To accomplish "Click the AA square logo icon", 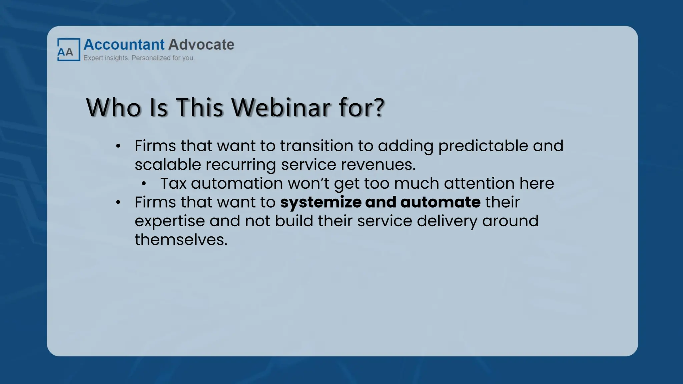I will pyautogui.click(x=68, y=50).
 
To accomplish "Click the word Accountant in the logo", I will pyautogui.click(x=124, y=45).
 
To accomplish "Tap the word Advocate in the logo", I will pyautogui.click(x=201, y=45).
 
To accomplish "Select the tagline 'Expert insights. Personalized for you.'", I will pyautogui.click(x=139, y=58).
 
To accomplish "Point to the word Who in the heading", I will pyautogui.click(x=113, y=108).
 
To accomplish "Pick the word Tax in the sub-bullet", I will pyautogui.click(x=173, y=183).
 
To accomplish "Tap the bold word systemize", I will pyautogui.click(x=320, y=202).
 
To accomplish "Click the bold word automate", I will pyautogui.click(x=440, y=202).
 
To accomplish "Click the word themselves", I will pyautogui.click(x=181, y=240).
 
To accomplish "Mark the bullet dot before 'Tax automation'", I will pyautogui.click(x=144, y=184).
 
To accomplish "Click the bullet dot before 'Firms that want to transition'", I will pyautogui.click(x=118, y=146).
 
